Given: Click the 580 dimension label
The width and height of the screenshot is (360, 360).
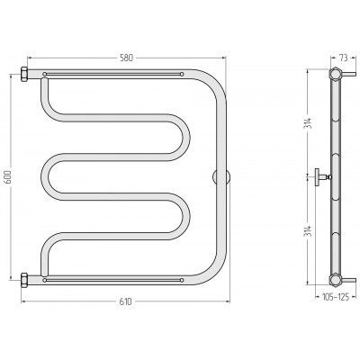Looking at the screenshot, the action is click(126, 58).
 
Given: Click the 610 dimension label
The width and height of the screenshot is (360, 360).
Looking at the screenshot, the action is click(125, 301).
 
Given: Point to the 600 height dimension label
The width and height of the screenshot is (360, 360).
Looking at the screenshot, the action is click(8, 176).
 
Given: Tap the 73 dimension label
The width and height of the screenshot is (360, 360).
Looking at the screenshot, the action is click(344, 58).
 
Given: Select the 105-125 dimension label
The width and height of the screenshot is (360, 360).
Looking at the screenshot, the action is click(336, 297).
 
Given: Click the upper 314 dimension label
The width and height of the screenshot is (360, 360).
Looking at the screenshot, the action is click(309, 123).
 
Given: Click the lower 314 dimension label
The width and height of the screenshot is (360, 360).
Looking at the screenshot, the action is click(309, 230).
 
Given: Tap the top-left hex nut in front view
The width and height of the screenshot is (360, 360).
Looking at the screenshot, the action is click(24, 74).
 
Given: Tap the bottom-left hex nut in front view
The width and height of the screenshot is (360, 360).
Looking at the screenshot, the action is click(24, 280).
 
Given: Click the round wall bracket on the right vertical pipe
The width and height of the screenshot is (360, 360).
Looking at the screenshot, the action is click(221, 176).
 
